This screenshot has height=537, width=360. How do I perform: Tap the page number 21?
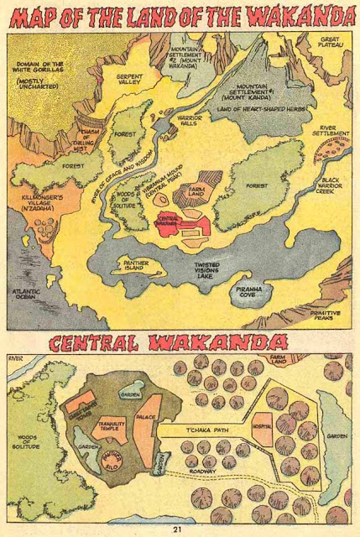[x=177, y=528]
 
